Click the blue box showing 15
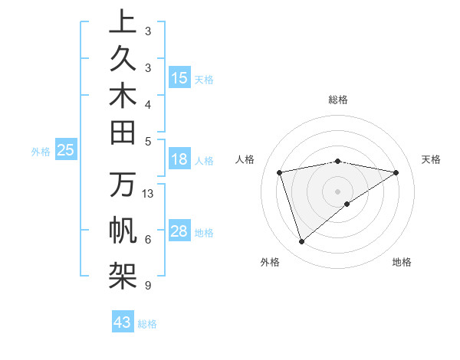(179, 78)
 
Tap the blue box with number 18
(179, 160)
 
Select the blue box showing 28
(179, 232)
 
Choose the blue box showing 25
(65, 151)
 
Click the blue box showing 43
(123, 322)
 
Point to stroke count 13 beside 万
(148, 193)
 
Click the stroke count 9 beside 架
(147, 286)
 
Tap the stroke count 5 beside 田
(147, 140)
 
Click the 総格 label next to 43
(147, 324)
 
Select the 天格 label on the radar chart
(431, 159)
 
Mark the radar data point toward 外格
(301, 242)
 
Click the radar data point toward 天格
(396, 172)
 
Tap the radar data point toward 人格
(280, 172)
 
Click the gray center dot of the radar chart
(338, 191)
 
